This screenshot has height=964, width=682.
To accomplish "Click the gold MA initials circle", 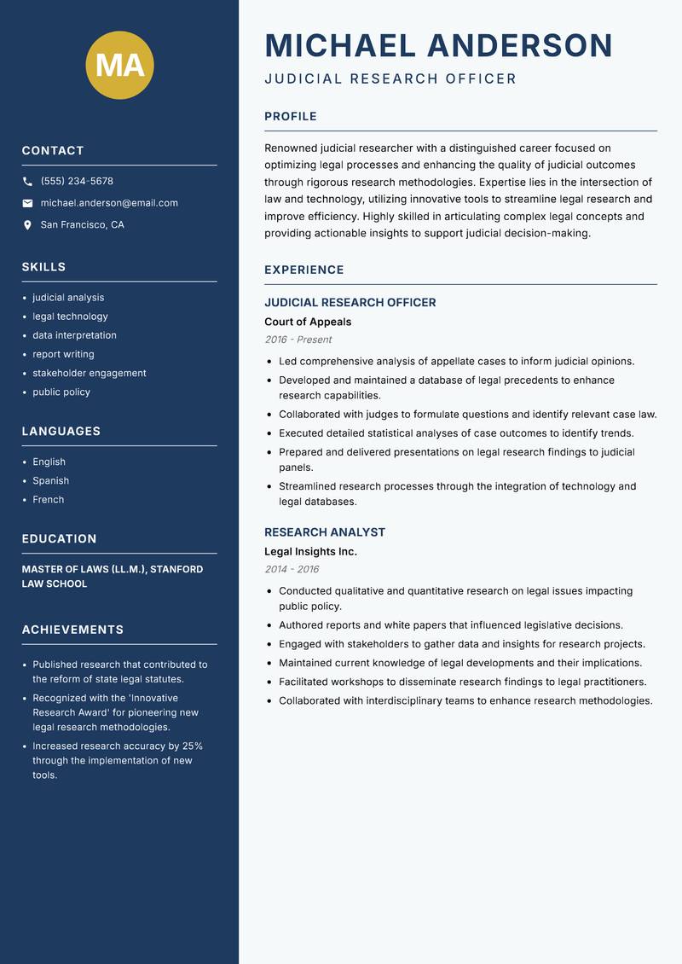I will (x=119, y=66).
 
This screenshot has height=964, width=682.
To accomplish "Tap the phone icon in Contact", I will (x=27, y=182).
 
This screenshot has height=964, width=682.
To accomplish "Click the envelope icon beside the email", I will (x=27, y=203).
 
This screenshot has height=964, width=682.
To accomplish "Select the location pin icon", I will (x=27, y=225).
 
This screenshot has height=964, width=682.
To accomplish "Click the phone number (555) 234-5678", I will (x=77, y=182).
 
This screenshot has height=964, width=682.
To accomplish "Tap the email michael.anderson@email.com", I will (x=109, y=203).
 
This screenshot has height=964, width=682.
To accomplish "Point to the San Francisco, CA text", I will (x=82, y=225).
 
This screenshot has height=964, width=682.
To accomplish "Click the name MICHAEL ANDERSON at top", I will (x=438, y=45).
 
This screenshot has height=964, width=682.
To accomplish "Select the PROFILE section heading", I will (x=290, y=117).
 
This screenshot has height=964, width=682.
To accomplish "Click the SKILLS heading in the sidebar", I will (x=43, y=267).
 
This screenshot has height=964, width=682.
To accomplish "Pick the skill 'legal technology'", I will (x=70, y=316).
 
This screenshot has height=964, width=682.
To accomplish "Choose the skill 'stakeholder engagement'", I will (x=90, y=373).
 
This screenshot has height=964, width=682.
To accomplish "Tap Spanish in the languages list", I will (x=50, y=480).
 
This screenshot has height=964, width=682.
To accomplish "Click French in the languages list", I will (x=48, y=499).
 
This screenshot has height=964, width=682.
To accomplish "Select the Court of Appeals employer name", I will (x=308, y=322).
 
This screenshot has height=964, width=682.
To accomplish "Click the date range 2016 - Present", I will (x=298, y=340).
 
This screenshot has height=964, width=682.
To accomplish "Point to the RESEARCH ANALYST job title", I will (x=325, y=532).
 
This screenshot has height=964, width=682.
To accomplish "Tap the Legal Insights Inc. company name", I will (x=310, y=551).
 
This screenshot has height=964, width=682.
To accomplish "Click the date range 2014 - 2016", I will (x=292, y=569).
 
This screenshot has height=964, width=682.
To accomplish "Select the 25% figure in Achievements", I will (x=192, y=746).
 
